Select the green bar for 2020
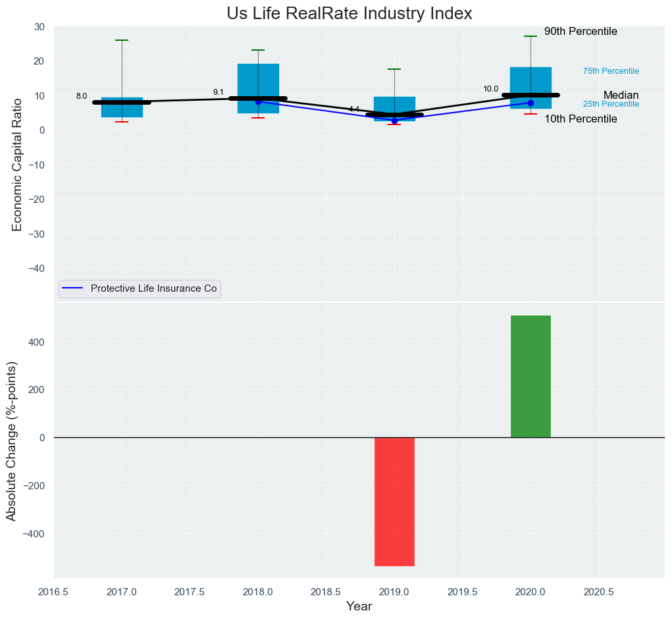pos(530,376)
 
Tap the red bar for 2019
pos(394,501)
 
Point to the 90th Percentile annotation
pos(581,32)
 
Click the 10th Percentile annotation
pos(581,119)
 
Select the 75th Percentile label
pos(611,71)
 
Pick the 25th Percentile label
pos(611,104)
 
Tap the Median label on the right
pos(621,95)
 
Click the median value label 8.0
pos(82,96)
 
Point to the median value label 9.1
pos(219,92)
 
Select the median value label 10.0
pos(491,89)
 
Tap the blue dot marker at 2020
pos(530,103)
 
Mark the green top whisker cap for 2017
pos(122,40)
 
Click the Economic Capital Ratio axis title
pos(17,164)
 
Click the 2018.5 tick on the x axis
pos(326,593)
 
